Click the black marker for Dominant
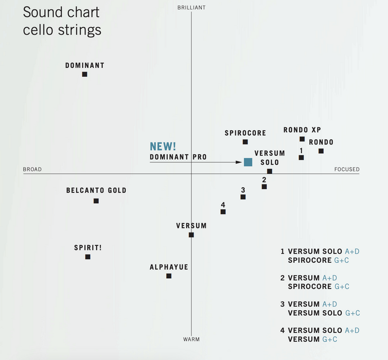(85, 75)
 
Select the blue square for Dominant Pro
(248, 162)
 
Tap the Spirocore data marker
(245, 142)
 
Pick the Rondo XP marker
(302, 139)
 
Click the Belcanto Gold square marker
(96, 201)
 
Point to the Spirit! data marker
(88, 257)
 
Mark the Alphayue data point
(169, 276)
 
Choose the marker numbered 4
(223, 211)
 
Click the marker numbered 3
(243, 197)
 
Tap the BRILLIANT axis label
(191, 8)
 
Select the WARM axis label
(191, 339)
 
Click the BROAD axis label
(32, 170)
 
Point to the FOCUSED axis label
(347, 170)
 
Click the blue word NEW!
(163, 147)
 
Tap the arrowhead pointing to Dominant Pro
(239, 163)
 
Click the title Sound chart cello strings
(62, 21)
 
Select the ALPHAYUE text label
(169, 267)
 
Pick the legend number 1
(283, 251)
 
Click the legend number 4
(283, 331)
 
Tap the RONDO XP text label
(302, 130)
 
